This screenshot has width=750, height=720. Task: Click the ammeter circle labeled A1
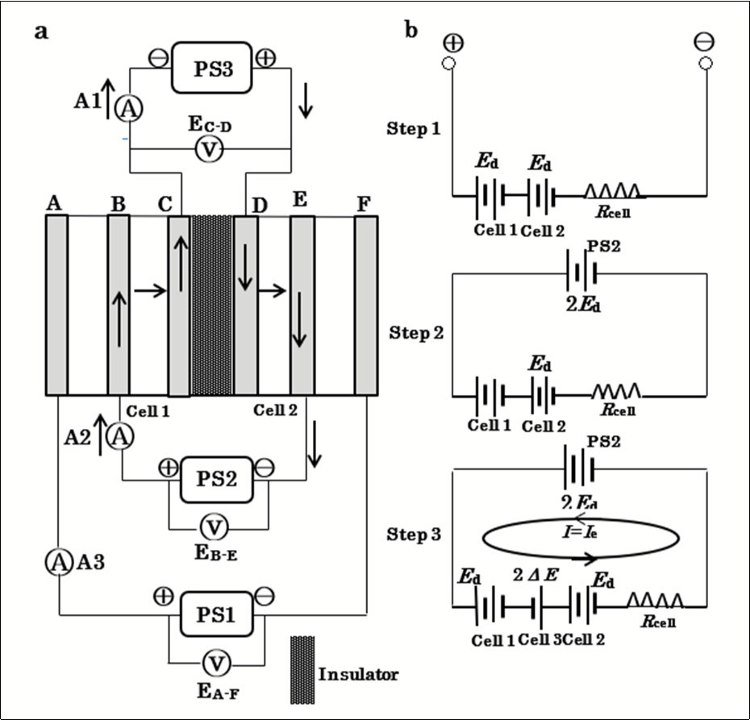click(125, 110)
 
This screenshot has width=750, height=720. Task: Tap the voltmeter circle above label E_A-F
click(215, 663)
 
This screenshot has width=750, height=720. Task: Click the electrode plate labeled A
click(56, 305)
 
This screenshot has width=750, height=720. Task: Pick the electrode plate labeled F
click(366, 305)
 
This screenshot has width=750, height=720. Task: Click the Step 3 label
click(415, 535)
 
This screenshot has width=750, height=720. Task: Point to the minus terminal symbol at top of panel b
click(706, 42)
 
